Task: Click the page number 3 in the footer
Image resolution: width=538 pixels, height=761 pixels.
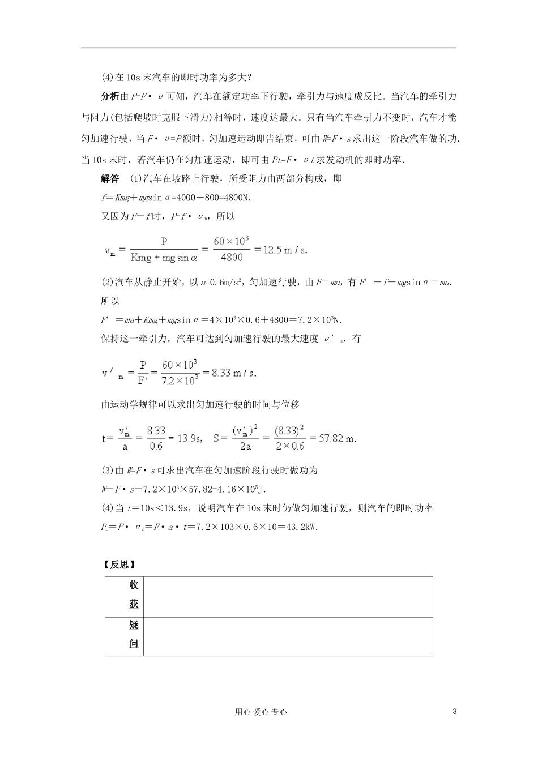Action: [455, 712]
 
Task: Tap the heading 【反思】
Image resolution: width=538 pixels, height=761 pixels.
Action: [118, 565]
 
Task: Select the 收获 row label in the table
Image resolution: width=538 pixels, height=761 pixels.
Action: [134, 595]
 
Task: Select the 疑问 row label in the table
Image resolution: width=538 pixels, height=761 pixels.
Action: [134, 635]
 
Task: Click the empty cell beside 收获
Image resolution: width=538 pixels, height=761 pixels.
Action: [288, 596]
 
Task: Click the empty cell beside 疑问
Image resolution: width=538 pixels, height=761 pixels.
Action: [288, 636]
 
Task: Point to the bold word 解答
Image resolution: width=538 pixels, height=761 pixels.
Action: [110, 179]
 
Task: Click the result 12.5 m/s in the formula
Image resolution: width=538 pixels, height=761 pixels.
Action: [285, 250]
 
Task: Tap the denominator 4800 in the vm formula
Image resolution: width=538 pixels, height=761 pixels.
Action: [231, 258]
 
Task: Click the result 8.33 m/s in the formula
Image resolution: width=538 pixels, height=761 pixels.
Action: [234, 373]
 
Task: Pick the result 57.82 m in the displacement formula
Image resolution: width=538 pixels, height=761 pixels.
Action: [338, 438]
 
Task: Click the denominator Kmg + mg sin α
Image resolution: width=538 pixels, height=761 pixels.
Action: [164, 258]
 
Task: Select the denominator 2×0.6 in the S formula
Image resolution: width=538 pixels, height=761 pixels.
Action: [289, 446]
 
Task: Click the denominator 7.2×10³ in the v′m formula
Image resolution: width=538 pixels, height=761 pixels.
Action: [180, 380]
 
